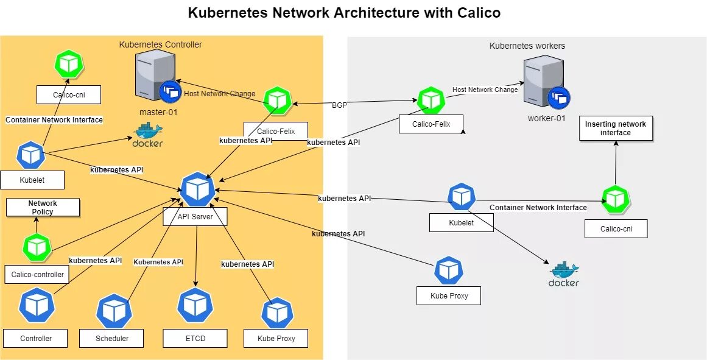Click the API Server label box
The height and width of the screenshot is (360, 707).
tap(195, 216)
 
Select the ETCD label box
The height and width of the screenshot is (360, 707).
tap(195, 338)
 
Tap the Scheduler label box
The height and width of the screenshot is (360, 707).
tap(111, 338)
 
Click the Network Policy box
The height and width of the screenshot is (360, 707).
tap(43, 207)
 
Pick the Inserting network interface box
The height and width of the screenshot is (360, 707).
tap(616, 129)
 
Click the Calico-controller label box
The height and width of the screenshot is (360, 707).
tap(37, 274)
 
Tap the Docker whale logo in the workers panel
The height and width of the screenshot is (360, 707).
tap(564, 274)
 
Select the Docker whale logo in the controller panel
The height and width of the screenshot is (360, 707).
tap(147, 135)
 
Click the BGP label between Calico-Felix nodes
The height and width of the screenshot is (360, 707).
tap(340, 105)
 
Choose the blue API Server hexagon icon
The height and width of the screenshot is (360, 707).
tap(197, 189)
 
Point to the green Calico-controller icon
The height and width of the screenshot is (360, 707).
tap(36, 247)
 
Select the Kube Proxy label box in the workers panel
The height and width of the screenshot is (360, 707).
tap(448, 295)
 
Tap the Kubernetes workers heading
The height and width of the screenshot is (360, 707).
tap(527, 46)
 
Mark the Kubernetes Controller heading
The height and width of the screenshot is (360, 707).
tap(160, 44)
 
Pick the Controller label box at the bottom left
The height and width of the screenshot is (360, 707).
tap(36, 338)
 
